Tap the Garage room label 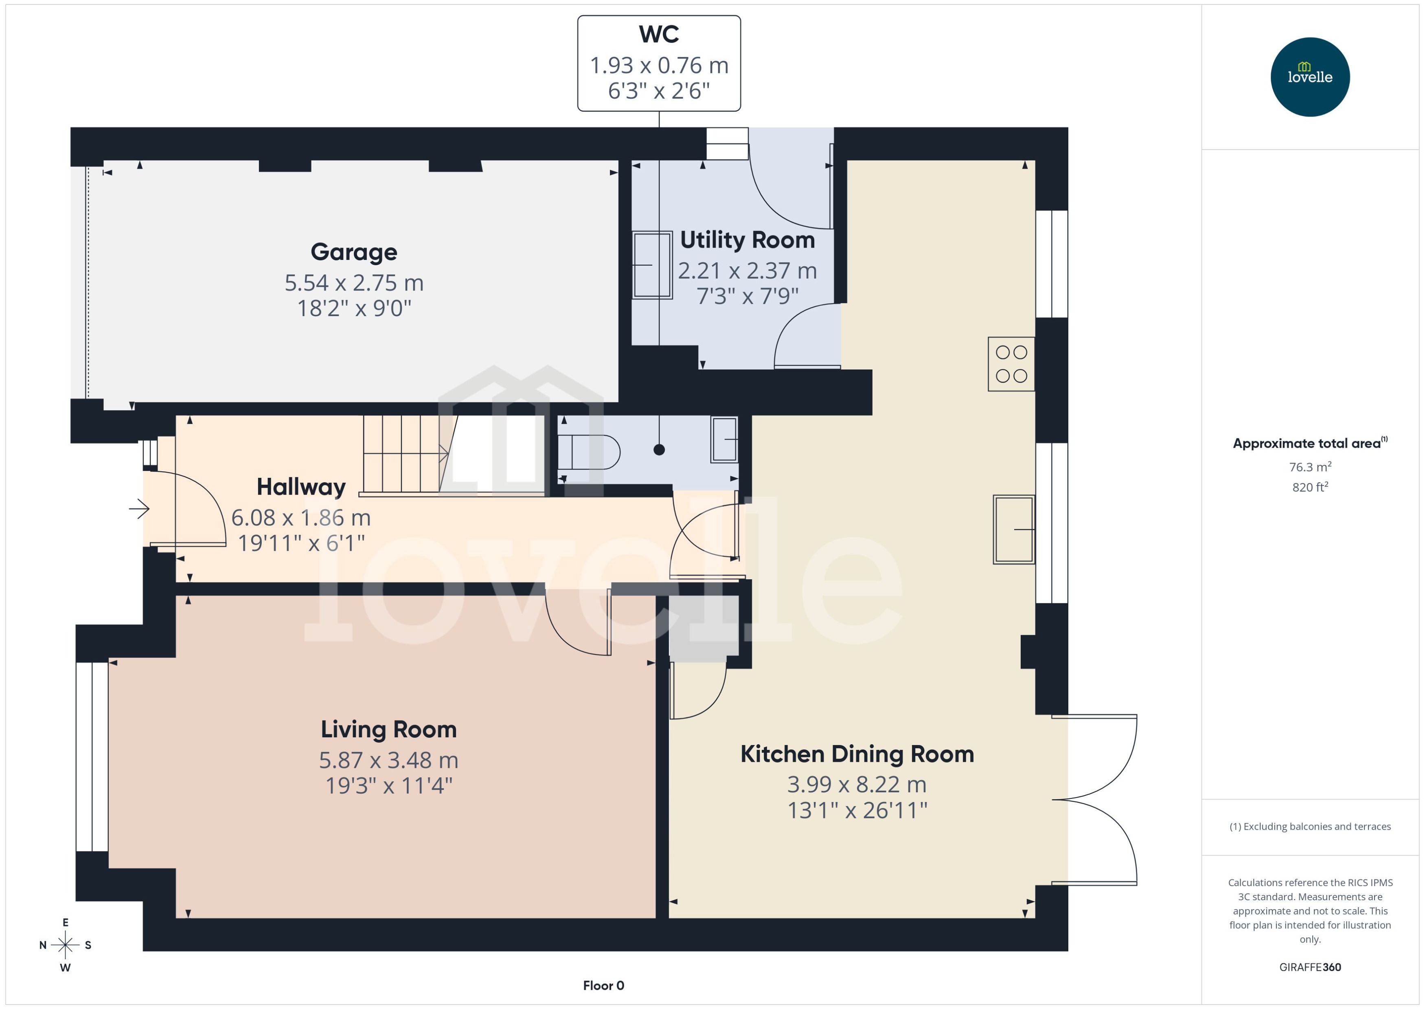[x=353, y=252]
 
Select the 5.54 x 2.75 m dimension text [x=353, y=283]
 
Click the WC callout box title [x=658, y=34]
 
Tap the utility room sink [x=651, y=265]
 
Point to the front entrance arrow [x=139, y=510]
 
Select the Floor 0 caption [x=603, y=985]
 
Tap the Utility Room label [x=747, y=240]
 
